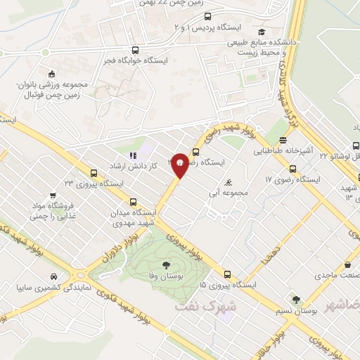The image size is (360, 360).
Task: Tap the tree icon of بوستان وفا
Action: click(x=166, y=265)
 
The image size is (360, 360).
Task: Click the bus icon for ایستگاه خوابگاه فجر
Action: click(x=136, y=50)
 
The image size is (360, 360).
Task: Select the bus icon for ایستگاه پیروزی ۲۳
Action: click(x=94, y=173)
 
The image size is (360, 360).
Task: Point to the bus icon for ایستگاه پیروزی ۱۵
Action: click(x=226, y=275)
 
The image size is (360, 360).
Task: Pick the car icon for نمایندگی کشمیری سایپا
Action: click(x=54, y=276)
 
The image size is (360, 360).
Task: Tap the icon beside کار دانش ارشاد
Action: click(x=133, y=155)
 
